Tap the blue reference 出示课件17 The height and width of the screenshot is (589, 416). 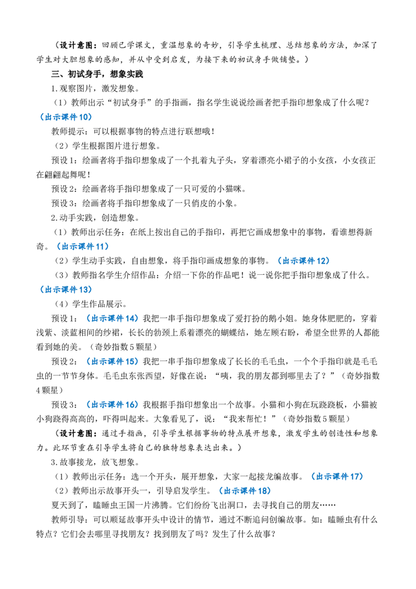tap(337, 477)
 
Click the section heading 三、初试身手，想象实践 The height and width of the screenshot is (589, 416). tap(97, 74)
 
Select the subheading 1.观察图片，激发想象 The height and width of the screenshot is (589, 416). tap(96, 88)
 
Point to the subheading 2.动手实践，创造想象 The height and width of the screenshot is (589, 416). tap(96, 218)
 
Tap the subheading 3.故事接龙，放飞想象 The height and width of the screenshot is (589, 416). tap(96, 463)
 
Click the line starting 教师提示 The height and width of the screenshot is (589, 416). tap(133, 132)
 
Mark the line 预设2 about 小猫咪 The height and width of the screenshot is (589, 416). tap(149, 189)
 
